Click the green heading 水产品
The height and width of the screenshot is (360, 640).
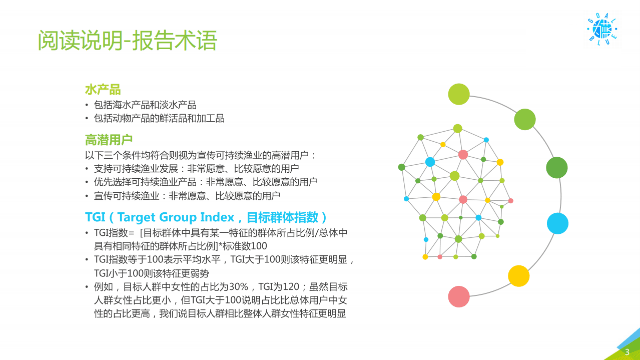point(103,90)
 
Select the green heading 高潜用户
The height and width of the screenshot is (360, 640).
point(109,140)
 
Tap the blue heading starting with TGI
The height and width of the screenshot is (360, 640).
point(206,217)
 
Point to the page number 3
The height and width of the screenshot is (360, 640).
point(627,352)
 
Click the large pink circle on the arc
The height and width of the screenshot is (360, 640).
point(459,296)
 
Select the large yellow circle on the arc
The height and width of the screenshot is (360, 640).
point(518,276)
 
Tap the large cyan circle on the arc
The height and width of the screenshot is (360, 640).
point(557,223)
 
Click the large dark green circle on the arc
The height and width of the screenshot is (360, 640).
point(556,168)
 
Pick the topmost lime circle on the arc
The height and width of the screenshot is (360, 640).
point(458,94)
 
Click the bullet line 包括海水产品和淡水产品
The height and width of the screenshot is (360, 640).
point(145,105)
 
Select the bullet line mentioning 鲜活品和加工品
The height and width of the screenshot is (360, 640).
point(159,119)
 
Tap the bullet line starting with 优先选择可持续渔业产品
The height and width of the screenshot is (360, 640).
point(206,182)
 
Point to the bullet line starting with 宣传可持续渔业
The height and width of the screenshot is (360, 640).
point(187,195)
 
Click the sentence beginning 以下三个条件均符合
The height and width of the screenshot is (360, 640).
point(201,155)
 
